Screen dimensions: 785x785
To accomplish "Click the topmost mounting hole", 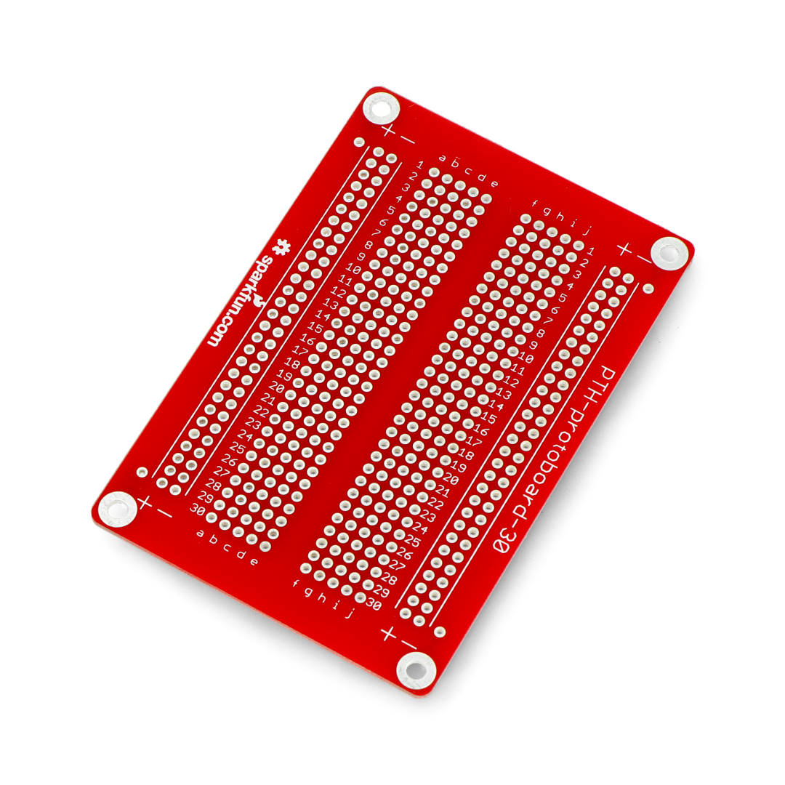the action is pos(381,108).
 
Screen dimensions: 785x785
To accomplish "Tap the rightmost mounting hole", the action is pos(669,254).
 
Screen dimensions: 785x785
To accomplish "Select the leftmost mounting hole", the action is pos(117,509).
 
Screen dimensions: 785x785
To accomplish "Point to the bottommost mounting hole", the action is pos(416,669).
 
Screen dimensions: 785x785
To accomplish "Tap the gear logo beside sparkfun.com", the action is pos(281,247).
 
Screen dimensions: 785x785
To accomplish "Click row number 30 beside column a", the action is pos(198,509).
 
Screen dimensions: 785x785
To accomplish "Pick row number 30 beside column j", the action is pos(374,604).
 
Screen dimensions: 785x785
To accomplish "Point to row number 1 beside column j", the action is pos(591,251).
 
